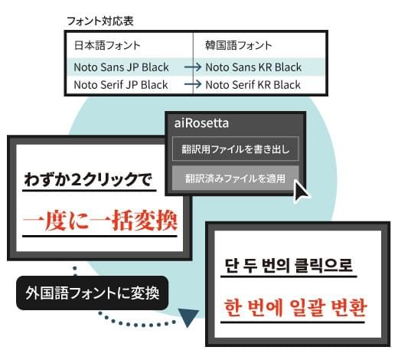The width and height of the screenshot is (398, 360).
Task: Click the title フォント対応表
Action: point(100,21)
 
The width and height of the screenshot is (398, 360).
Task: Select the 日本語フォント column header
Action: point(107,45)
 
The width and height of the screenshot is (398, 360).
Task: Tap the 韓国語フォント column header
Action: point(239,45)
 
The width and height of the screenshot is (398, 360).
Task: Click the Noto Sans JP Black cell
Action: point(121,67)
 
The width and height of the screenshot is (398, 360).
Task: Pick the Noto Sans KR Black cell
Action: point(253,67)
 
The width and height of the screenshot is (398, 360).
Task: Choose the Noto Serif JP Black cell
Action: point(121,85)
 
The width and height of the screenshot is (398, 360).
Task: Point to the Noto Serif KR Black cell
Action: point(253,85)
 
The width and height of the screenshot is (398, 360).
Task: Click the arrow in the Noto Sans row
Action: point(193,67)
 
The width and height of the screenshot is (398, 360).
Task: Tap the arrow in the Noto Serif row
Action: point(193,84)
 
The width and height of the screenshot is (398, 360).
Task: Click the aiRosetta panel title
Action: point(201,123)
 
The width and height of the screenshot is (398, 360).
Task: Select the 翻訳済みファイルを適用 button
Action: point(235,178)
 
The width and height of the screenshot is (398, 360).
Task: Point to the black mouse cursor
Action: point(301,190)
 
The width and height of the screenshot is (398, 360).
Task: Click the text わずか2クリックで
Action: point(88,179)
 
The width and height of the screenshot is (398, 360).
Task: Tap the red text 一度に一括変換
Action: point(100,220)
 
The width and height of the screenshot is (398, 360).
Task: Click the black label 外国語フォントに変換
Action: point(92,293)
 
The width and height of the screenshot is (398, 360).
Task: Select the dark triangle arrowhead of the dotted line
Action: point(188,316)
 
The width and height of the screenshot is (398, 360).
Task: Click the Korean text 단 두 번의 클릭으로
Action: point(289,266)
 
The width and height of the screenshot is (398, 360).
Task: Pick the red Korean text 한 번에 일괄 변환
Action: point(295,307)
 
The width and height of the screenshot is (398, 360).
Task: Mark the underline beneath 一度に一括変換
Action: point(99,237)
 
